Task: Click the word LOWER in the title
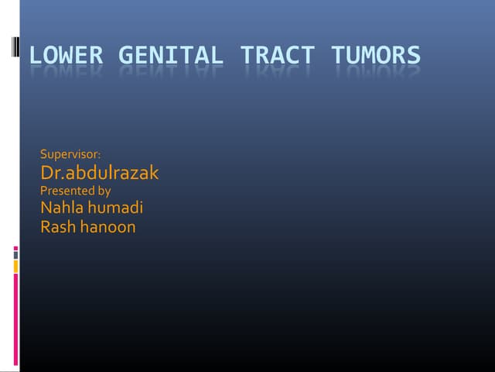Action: pyautogui.click(x=67, y=56)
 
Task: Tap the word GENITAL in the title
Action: pyautogui.click(x=171, y=56)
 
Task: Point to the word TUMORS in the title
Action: pyautogui.click(x=376, y=56)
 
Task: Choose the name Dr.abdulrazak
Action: pyautogui.click(x=99, y=173)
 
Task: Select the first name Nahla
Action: pyautogui.click(x=62, y=208)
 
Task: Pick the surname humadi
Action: pyautogui.click(x=115, y=208)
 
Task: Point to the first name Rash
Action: pyautogui.click(x=57, y=227)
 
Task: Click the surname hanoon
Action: pyautogui.click(x=108, y=227)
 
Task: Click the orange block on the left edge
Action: pyautogui.click(x=16, y=267)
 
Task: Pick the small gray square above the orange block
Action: pyautogui.click(x=15, y=253)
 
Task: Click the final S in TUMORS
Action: pyautogui.click(x=413, y=56)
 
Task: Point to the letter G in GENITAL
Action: pyautogui.click(x=126, y=56)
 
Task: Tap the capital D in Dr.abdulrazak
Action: pyautogui.click(x=47, y=173)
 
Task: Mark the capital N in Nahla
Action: pyautogui.click(x=46, y=208)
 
